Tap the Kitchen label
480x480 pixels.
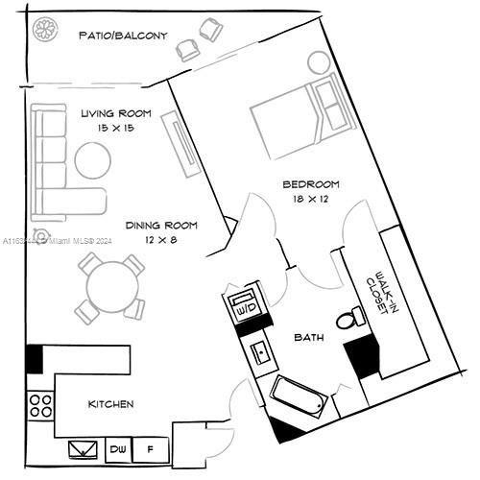[x=111, y=404]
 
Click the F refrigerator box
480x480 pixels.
[x=149, y=448]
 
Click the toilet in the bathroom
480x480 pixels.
[x=350, y=316]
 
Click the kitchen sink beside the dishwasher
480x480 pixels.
[x=84, y=448]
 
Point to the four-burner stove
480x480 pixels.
[x=41, y=404]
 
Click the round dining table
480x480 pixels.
[x=110, y=285]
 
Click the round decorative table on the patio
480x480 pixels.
[x=43, y=30]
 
